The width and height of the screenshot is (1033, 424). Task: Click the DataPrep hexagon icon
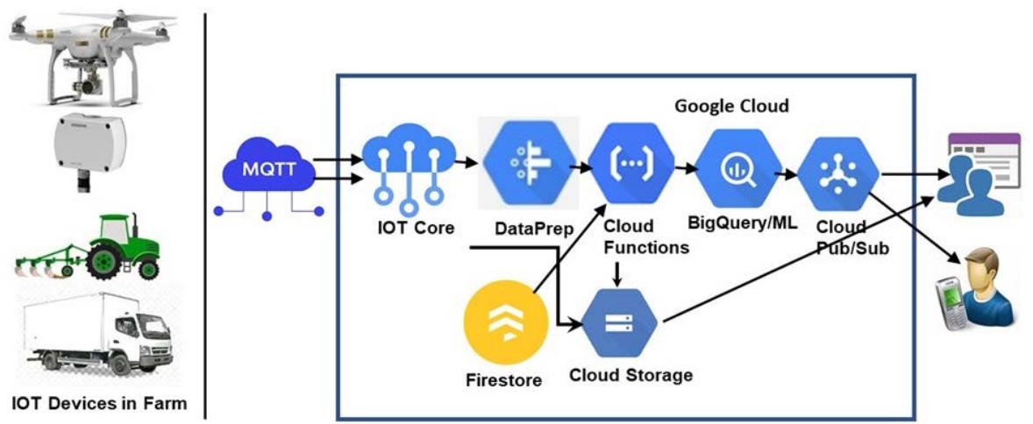coord(527,163)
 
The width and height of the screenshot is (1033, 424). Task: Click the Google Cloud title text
coord(731,106)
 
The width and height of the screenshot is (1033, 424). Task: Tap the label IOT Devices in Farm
coord(99,404)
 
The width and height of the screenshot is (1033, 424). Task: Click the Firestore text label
coord(503,381)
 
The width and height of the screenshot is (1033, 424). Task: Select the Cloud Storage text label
coord(630,376)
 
